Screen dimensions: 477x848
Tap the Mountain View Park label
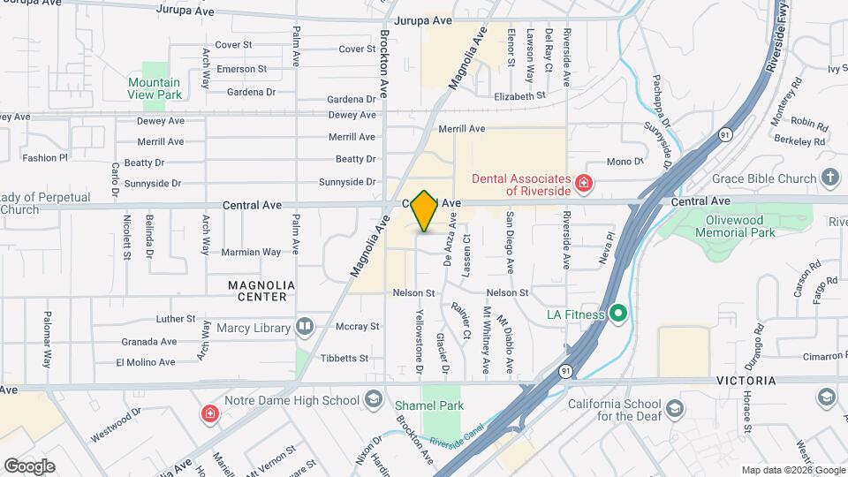[x=155, y=88]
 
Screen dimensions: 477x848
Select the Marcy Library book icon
[x=305, y=328]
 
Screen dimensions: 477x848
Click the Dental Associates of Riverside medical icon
[x=583, y=184]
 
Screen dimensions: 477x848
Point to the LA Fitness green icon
[x=618, y=314]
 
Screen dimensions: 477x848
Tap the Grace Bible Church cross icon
[x=829, y=178]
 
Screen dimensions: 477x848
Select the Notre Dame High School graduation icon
[x=372, y=400]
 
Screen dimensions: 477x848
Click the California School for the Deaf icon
[x=675, y=408]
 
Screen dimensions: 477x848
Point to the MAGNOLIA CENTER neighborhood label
[x=258, y=291]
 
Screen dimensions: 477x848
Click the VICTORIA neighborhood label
[x=752, y=381]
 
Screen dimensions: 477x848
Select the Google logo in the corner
[x=29, y=466]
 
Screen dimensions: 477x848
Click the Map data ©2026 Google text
[x=792, y=470]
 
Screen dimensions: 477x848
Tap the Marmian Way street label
[x=251, y=252]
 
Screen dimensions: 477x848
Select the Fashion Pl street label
[x=45, y=158]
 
